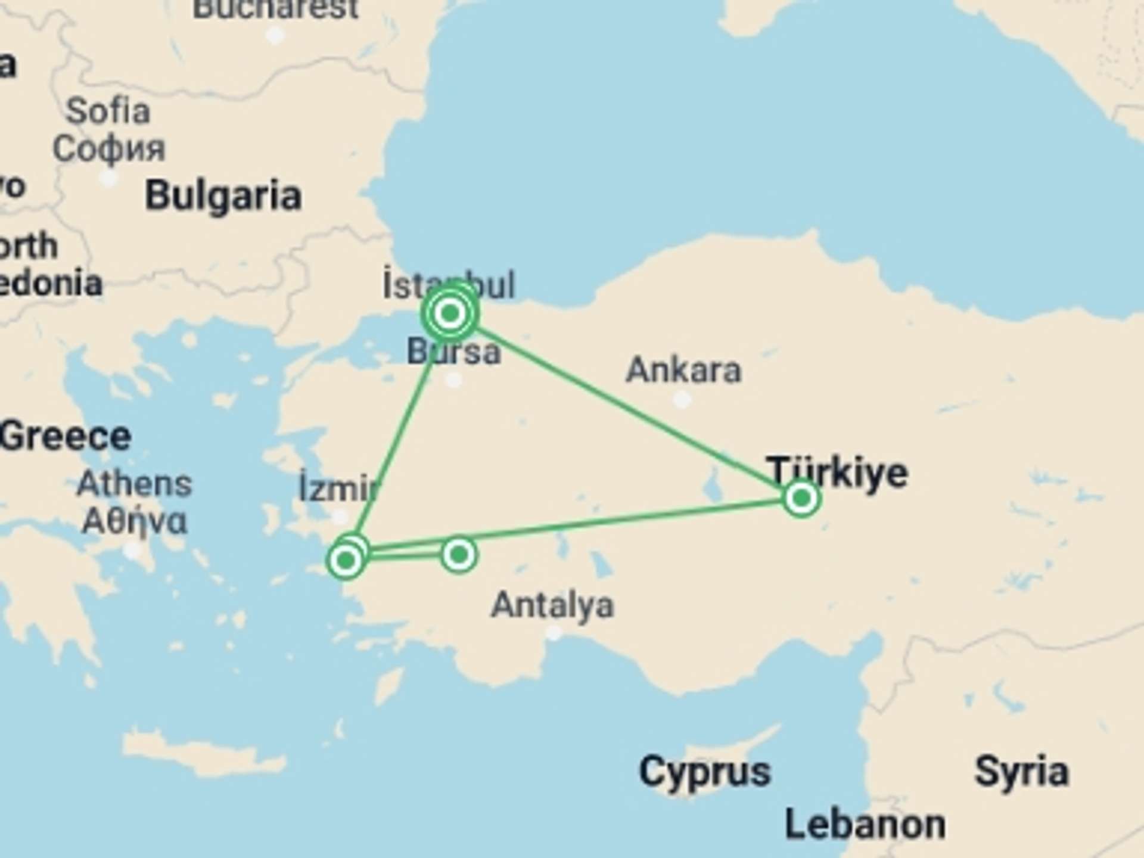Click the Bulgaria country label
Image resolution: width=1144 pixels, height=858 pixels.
(223, 196)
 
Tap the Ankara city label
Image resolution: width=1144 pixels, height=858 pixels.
(683, 370)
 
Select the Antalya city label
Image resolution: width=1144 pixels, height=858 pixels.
(552, 605)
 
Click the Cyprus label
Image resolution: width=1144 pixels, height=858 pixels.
(704, 772)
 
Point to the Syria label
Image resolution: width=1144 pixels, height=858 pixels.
(1021, 772)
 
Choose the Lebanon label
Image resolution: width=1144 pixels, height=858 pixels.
(865, 825)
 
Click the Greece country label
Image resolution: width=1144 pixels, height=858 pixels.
(66, 436)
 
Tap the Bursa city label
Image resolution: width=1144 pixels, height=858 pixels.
(453, 352)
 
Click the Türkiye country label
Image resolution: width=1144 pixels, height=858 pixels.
(837, 472)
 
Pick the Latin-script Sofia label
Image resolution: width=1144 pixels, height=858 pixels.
(108, 111)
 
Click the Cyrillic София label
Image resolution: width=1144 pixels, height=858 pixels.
(109, 148)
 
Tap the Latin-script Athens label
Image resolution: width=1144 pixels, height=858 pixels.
(135, 483)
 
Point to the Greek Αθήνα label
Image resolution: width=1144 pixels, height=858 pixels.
(135, 521)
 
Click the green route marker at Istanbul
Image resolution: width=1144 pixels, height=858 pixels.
(450, 313)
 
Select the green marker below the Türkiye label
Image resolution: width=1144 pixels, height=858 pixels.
(801, 498)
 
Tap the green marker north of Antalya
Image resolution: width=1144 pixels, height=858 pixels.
(458, 555)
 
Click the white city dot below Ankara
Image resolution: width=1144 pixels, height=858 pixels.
(682, 399)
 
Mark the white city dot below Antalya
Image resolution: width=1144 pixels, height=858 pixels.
(554, 633)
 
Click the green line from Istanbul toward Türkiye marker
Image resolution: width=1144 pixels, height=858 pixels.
(626, 405)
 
